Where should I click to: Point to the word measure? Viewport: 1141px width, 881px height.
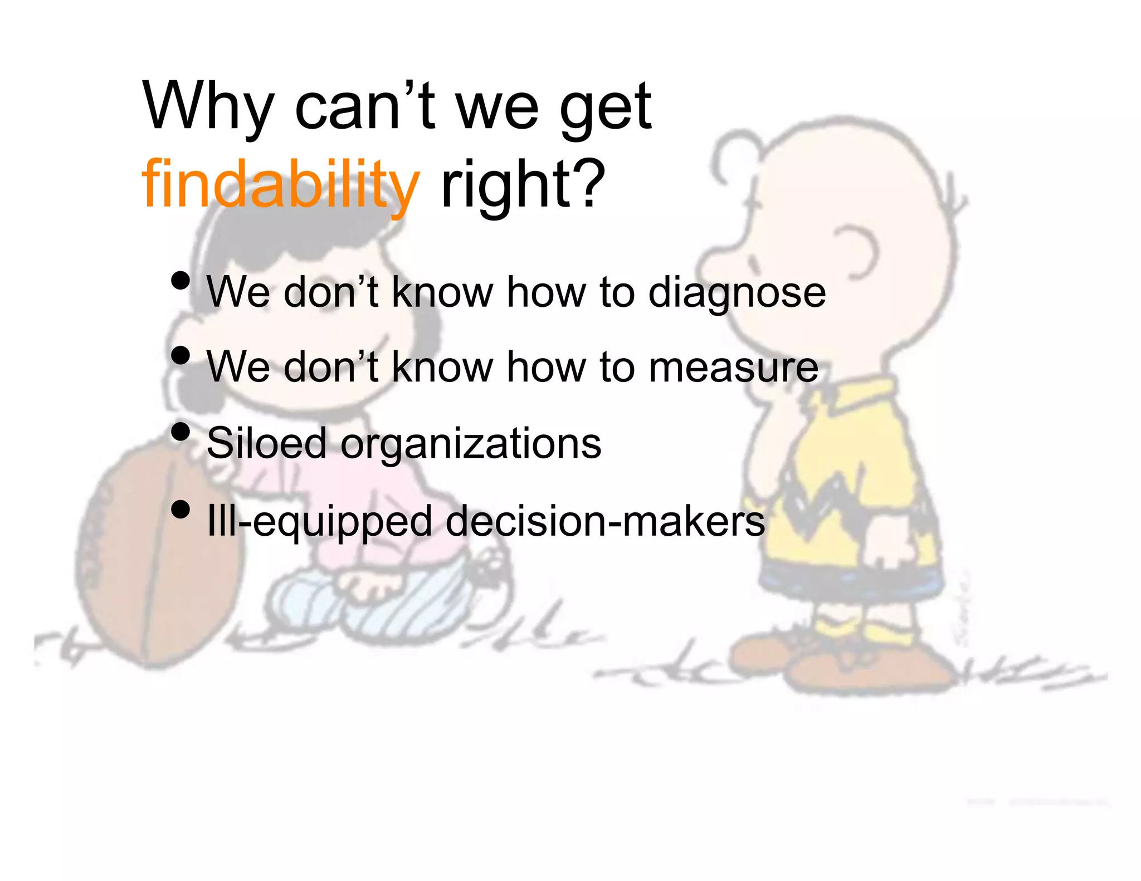tap(733, 368)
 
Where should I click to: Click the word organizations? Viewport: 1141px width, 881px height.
tap(471, 444)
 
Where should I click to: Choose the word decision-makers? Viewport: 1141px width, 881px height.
tap(605, 521)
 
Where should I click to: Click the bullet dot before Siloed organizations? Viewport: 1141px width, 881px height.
tap(181, 432)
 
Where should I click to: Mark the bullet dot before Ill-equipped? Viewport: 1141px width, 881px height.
tap(181, 509)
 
